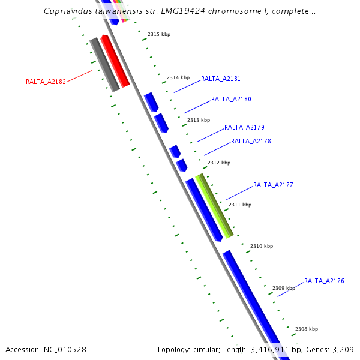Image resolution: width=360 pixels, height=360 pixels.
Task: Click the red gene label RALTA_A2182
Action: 46,82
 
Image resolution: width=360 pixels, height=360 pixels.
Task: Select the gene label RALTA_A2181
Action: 221,79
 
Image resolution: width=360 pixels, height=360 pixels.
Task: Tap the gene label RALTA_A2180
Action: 231,99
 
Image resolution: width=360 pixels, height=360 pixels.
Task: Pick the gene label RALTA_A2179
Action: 244,127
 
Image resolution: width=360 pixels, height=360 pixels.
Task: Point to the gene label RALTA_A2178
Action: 251,141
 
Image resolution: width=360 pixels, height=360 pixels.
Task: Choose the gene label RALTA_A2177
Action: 273,185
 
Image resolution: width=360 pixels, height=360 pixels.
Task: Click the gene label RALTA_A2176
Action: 324,281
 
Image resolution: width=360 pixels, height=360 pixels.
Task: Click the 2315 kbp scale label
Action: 158,34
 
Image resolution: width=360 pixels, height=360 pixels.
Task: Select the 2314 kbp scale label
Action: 178,77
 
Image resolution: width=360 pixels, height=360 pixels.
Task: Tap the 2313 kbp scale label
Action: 199,120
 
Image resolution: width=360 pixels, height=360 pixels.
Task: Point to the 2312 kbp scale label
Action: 218,163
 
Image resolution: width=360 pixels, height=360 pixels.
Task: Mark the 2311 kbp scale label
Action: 240,205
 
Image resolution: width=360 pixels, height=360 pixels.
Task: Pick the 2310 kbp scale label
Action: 262,246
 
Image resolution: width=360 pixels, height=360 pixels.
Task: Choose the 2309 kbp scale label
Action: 284,288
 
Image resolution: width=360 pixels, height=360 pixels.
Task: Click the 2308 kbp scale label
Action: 307,329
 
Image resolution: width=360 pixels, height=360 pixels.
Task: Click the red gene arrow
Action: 115,62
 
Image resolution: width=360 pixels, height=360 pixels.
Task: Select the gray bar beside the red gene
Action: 104,65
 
